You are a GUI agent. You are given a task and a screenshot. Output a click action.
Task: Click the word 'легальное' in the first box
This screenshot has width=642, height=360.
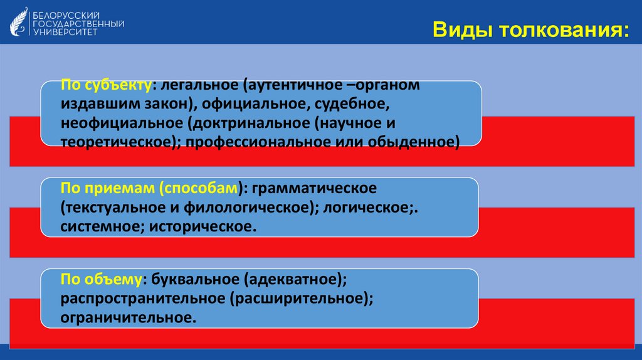click(x=196, y=84)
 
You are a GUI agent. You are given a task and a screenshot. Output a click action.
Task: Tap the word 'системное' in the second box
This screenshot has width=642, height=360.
click(x=101, y=226)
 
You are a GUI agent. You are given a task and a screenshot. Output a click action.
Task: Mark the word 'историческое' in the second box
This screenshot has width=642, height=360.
click(x=201, y=226)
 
